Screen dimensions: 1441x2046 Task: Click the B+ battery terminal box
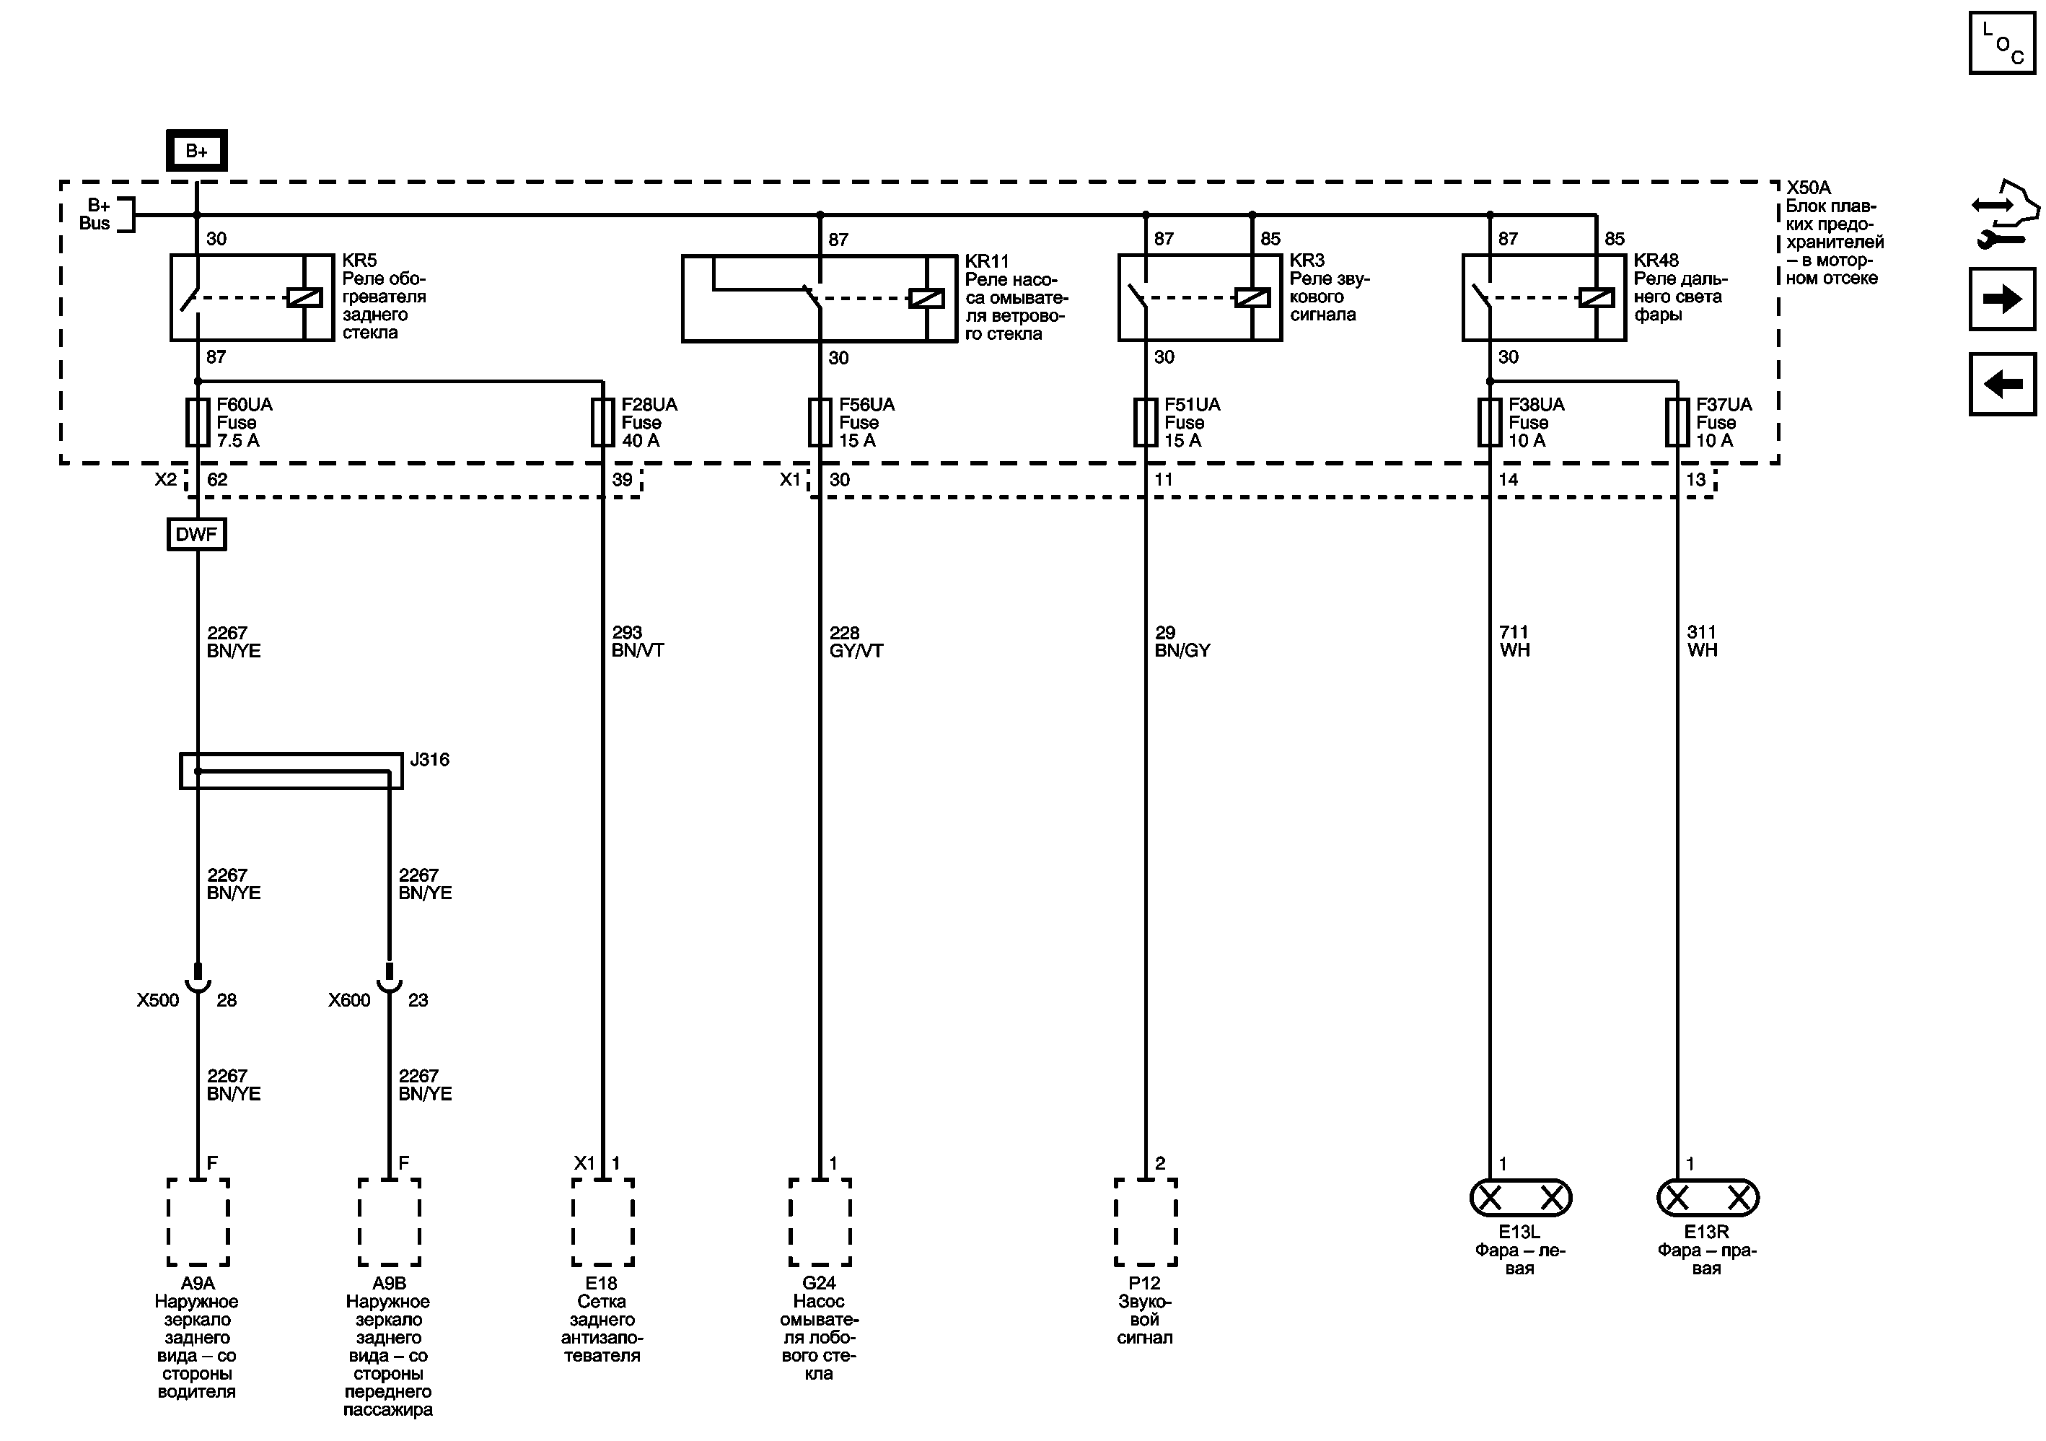click(196, 151)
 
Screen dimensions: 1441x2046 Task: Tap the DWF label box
click(196, 534)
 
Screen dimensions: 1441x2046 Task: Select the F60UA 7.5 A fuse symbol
click(197, 422)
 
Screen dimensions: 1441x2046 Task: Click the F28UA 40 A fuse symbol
click(602, 422)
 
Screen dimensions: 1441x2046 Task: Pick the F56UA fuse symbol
click(820, 422)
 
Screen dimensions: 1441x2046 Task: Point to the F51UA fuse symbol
click(1145, 422)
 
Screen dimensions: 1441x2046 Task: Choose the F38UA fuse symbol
click(1489, 422)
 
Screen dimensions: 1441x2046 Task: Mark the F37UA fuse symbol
click(1677, 422)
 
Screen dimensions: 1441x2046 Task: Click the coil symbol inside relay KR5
click(304, 297)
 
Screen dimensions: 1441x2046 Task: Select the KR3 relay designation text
click(1307, 260)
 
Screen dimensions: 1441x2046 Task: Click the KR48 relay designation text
click(1656, 260)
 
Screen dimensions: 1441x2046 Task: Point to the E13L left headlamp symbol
click(1520, 1198)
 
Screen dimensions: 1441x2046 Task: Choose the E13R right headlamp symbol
click(1708, 1198)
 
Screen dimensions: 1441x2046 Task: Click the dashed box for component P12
click(1145, 1222)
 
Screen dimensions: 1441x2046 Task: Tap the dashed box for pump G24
click(820, 1222)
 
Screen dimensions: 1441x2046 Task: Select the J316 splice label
click(429, 759)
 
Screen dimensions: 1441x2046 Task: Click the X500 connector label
click(158, 1000)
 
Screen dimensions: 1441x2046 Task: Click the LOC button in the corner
click(2002, 43)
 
